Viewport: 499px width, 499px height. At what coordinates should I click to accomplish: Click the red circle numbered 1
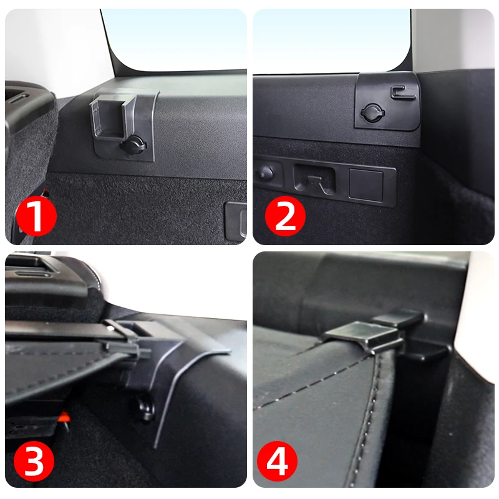[36, 215]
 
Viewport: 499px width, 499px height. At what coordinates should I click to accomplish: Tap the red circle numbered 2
[285, 215]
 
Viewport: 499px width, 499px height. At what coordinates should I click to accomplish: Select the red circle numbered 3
[34, 460]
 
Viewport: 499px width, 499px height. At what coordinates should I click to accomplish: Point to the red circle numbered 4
[277, 460]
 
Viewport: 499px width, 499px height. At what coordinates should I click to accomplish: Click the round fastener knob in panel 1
[133, 145]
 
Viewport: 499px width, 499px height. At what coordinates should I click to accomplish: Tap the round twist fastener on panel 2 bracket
[372, 113]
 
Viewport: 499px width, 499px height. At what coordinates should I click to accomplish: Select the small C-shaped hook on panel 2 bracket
[402, 92]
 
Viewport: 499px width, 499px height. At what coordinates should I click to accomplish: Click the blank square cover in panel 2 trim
[366, 185]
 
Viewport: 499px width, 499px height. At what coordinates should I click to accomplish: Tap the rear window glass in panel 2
[331, 41]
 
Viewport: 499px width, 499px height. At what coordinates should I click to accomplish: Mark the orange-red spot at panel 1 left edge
[46, 192]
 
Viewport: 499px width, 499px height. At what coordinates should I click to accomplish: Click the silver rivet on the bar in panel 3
[111, 328]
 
